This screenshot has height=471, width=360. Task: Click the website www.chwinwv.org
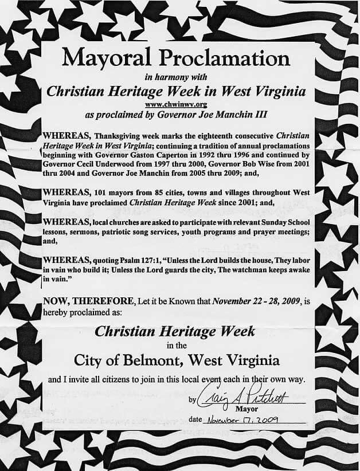pyautogui.click(x=177, y=105)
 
